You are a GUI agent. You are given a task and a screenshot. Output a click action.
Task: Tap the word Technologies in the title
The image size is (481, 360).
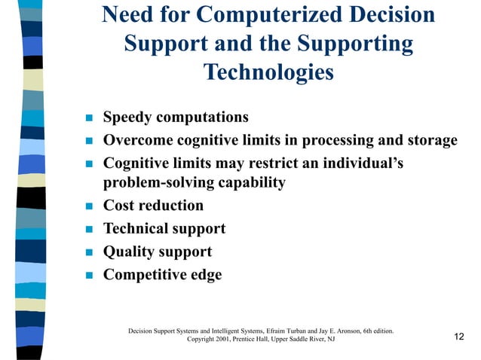point(268,72)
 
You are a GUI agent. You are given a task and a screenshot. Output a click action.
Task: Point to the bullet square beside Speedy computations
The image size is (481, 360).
point(87,118)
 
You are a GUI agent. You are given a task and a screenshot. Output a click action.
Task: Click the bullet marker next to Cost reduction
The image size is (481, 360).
point(87,206)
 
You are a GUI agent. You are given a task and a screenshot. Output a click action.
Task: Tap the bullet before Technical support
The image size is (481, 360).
point(87,230)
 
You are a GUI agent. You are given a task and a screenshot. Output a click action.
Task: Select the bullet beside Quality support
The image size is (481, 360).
point(87,253)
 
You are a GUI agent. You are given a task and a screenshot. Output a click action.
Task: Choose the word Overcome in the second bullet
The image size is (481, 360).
point(136,140)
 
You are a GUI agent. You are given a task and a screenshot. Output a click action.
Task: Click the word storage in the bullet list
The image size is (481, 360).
point(429,140)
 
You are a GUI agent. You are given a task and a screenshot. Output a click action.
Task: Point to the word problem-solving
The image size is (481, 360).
point(160,182)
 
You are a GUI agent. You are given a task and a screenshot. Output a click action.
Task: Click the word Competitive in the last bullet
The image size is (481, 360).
point(143,275)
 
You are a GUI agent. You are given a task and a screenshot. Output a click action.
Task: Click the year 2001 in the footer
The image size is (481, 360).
point(225,340)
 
